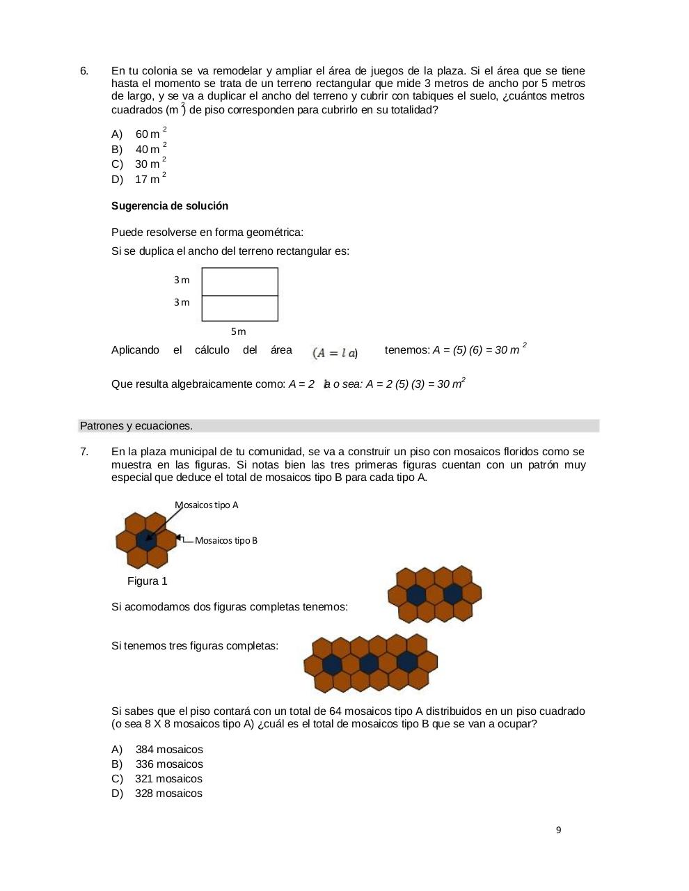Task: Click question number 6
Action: pyautogui.click(x=84, y=71)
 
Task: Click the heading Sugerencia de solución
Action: pyautogui.click(x=170, y=206)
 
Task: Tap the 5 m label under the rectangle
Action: pyautogui.click(x=239, y=331)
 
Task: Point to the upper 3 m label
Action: pyautogui.click(x=182, y=280)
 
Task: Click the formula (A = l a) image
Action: pyautogui.click(x=335, y=353)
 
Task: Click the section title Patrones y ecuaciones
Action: pyautogui.click(x=136, y=426)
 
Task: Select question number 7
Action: pyautogui.click(x=84, y=452)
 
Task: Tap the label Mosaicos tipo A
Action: pyautogui.click(x=207, y=505)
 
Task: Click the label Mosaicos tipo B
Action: pyautogui.click(x=226, y=540)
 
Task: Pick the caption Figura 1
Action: pyautogui.click(x=148, y=581)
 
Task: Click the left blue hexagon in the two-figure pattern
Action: pyautogui.click(x=416, y=594)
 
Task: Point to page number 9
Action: pyautogui.click(x=559, y=830)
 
